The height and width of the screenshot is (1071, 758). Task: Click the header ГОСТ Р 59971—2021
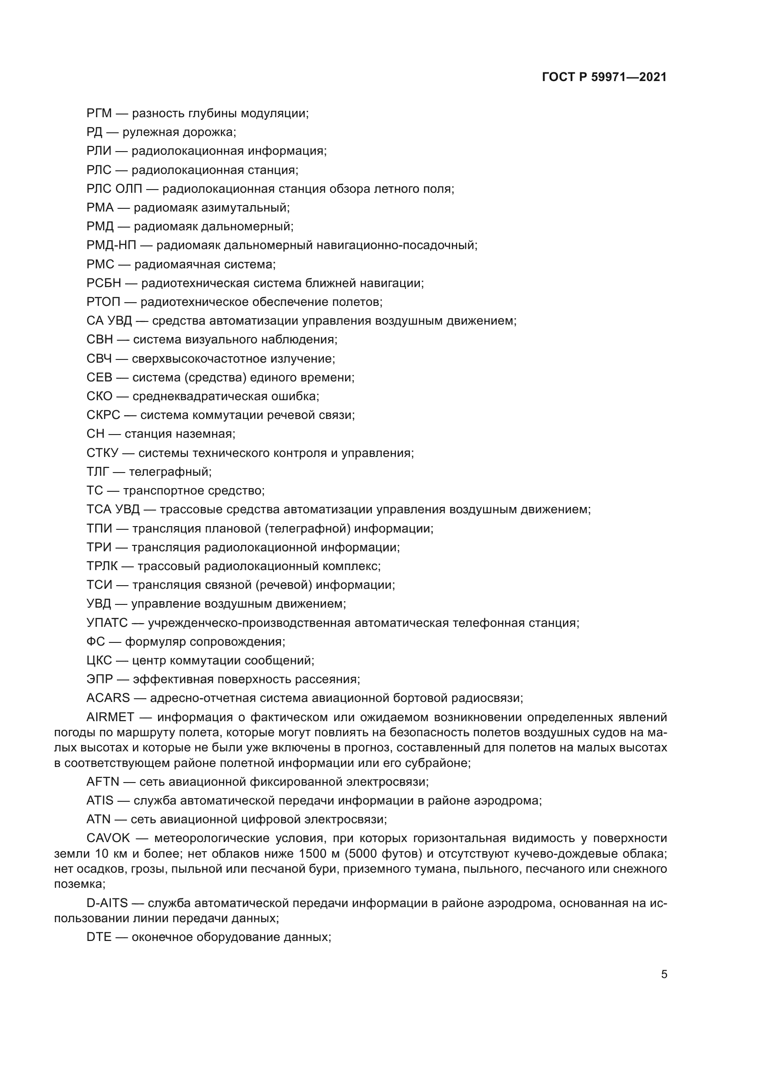[604, 77]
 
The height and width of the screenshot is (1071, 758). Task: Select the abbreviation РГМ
[99, 114]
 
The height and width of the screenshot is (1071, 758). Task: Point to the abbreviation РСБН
[104, 283]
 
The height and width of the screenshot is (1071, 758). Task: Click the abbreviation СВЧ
[99, 359]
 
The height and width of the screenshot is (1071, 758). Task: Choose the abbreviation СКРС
[103, 415]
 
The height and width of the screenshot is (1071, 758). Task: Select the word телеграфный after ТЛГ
[170, 472]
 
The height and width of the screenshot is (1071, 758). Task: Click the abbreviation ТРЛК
[102, 566]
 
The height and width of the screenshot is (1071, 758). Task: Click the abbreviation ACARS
[108, 698]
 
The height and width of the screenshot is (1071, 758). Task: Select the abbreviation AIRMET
[110, 718]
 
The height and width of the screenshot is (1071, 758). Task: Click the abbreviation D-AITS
[107, 903]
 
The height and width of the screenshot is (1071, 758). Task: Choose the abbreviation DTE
[99, 937]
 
